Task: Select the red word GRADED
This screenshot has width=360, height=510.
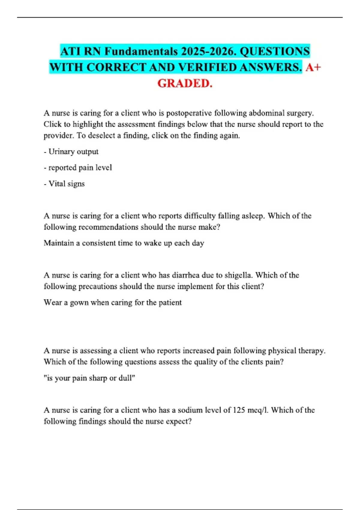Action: [x=185, y=83]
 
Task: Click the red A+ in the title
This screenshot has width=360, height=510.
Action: [x=313, y=67]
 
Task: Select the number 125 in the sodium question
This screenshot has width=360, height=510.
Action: [x=239, y=410]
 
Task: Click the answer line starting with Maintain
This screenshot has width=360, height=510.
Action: [x=124, y=243]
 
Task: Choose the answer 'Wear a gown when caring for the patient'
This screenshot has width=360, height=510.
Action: [x=112, y=302]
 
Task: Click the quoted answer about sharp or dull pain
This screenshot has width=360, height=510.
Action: [x=89, y=378]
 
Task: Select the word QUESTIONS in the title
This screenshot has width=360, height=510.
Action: [x=274, y=51]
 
